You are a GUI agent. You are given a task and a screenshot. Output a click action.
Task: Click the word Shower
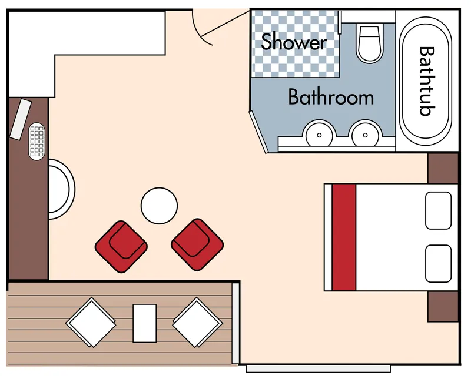[294, 42]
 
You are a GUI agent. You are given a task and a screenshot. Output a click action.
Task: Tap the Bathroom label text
[331, 97]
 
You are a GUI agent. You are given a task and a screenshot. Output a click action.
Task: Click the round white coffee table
[159, 206]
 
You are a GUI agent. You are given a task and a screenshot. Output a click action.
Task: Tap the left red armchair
[121, 246]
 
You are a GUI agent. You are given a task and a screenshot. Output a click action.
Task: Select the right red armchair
[197, 244]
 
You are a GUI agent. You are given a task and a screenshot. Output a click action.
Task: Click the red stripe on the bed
[344, 237]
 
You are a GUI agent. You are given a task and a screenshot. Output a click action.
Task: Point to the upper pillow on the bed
[438, 210]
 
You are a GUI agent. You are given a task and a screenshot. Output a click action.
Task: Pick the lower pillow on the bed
[438, 264]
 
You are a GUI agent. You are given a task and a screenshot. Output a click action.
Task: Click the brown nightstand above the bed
[443, 168]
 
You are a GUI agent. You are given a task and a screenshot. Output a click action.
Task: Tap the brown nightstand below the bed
[443, 307]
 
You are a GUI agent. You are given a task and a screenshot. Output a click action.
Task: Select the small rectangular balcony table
[145, 323]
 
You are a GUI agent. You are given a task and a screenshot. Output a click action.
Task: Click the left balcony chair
[91, 323]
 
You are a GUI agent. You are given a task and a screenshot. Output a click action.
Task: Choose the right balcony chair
[197, 323]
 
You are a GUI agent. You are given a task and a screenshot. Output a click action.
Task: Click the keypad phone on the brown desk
[37, 141]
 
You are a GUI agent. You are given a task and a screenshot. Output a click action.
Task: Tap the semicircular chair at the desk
[62, 189]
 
